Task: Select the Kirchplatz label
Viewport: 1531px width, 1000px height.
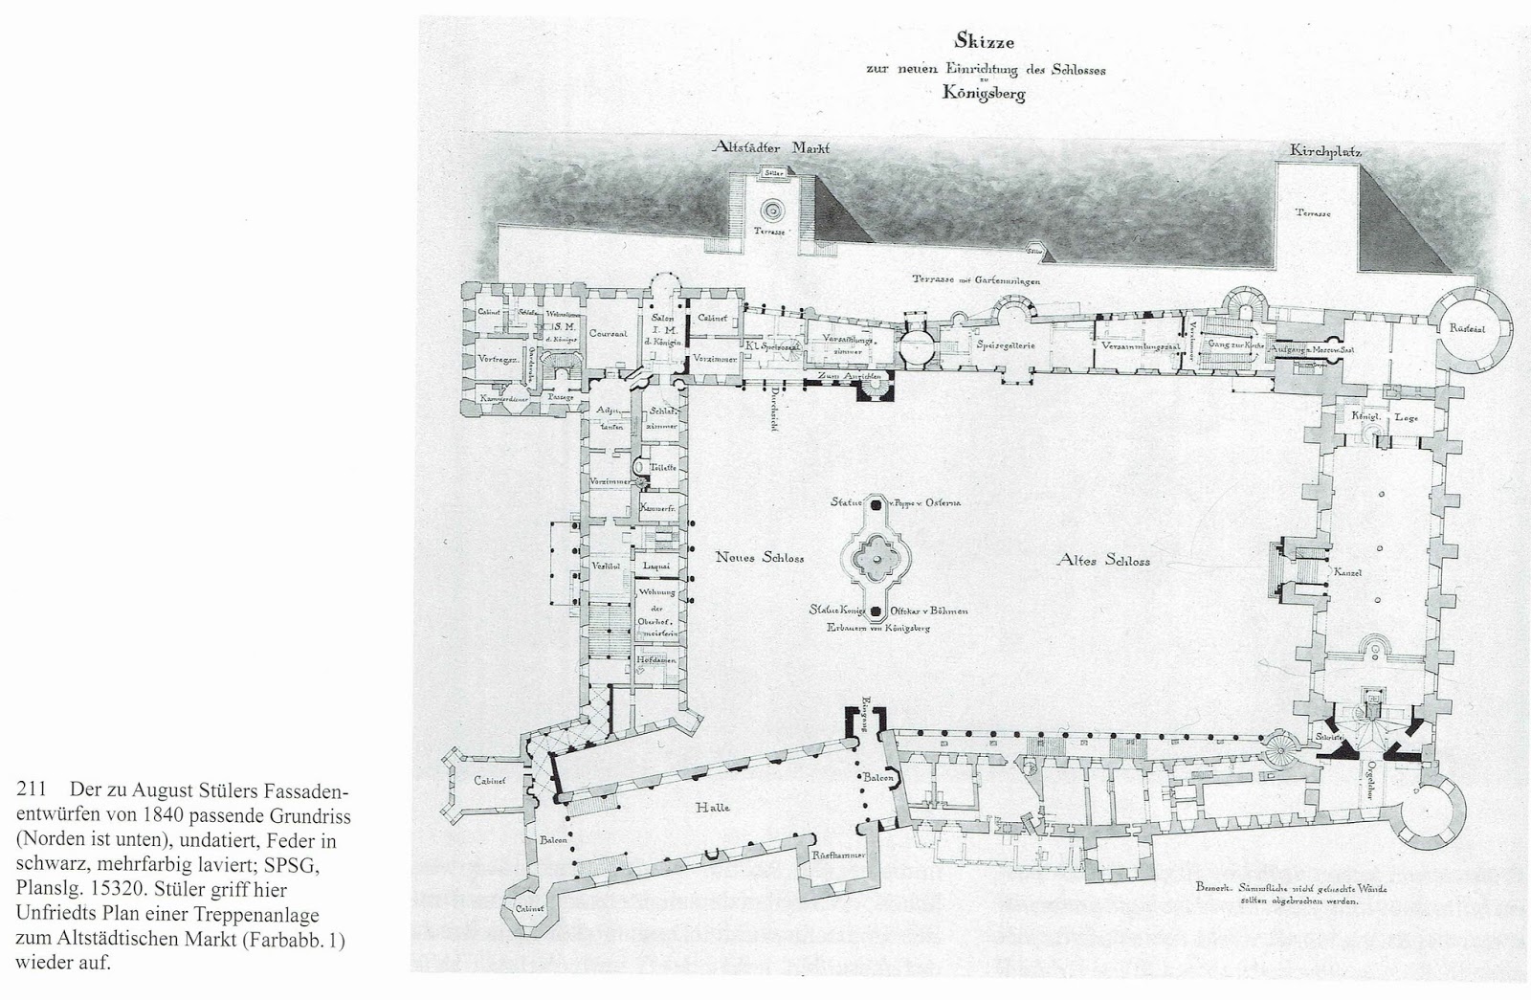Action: pos(1325,151)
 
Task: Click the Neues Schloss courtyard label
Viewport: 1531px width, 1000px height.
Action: pos(760,558)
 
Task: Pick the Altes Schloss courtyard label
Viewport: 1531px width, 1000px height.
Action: pos(1102,561)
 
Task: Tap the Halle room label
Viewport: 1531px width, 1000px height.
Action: pos(714,807)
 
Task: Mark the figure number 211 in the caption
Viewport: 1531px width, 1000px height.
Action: pos(31,790)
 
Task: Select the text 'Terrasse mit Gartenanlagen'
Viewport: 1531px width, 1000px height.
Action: pos(975,281)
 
